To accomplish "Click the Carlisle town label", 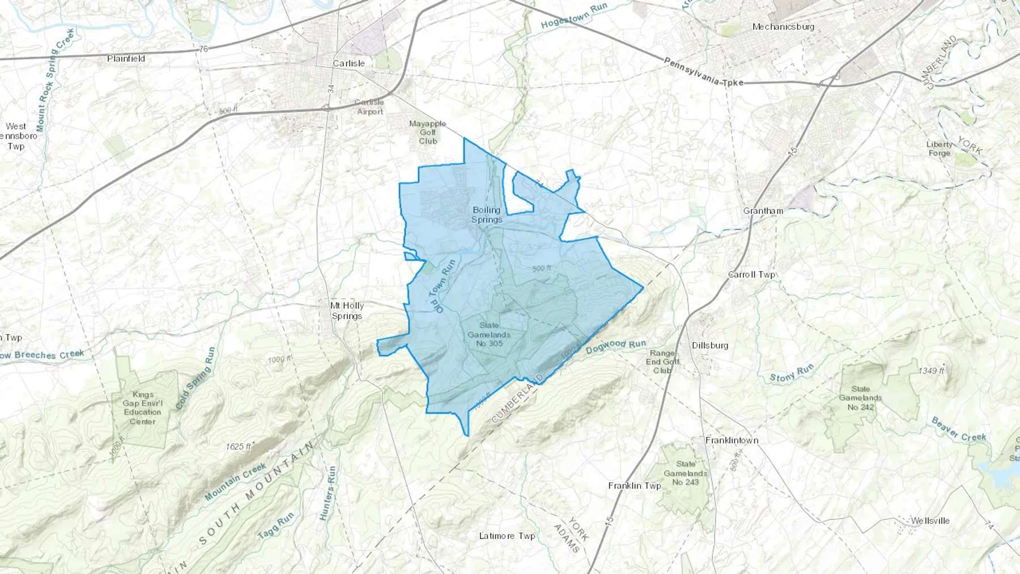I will point(348,63).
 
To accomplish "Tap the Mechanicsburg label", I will point(783,27).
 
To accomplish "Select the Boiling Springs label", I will point(487,215).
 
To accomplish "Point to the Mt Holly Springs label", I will point(347,311).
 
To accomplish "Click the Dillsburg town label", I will point(709,345).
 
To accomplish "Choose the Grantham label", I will point(763,211).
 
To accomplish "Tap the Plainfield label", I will point(126,58).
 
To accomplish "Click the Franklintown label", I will point(732,440).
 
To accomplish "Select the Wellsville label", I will point(929,521).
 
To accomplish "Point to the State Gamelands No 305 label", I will point(488,334).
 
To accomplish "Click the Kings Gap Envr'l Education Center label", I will point(143,408).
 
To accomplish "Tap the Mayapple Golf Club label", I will point(428,132).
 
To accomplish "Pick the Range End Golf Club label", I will point(662,362).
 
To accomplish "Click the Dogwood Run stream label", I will point(615,346).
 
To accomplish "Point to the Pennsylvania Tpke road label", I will point(703,73).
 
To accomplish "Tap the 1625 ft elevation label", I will point(238,447).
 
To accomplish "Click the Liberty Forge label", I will point(939,148).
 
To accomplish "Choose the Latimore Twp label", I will point(507,535).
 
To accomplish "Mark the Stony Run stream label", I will point(791,373).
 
